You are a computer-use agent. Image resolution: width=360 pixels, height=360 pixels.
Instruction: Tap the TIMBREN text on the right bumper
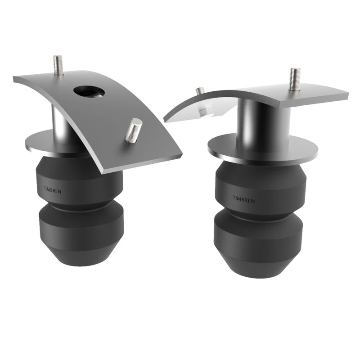(243, 198)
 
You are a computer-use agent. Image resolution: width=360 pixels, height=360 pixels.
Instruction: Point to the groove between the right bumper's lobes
(260, 211)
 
